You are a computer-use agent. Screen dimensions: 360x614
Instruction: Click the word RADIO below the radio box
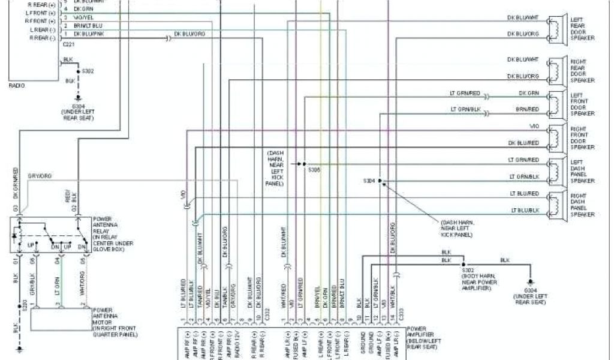[x=17, y=85]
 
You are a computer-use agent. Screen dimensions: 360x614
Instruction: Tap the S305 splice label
[x=315, y=170]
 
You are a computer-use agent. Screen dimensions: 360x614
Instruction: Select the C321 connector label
[x=69, y=45]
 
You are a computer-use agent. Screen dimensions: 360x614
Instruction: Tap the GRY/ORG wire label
[x=40, y=175]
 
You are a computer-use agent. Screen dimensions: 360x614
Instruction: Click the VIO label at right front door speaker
[x=534, y=126]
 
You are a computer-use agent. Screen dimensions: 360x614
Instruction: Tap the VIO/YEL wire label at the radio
[x=84, y=18]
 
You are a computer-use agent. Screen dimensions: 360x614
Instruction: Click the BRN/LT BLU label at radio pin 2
[x=88, y=26]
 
